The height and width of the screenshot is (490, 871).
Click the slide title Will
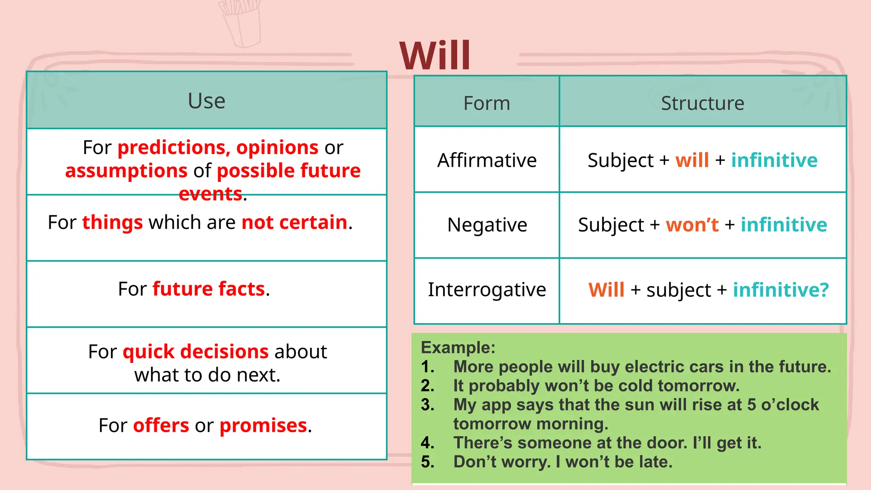point(435,56)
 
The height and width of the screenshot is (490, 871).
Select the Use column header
point(207,101)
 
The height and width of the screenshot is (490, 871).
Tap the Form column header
point(487,103)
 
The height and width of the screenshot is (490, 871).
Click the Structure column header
point(703,103)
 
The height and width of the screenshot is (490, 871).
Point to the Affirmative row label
point(487,160)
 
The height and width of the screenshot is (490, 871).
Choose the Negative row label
point(487,225)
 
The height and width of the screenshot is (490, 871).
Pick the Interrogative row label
point(487,290)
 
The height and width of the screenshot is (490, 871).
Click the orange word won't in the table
point(692,225)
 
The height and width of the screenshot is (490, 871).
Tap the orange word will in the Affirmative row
point(692,160)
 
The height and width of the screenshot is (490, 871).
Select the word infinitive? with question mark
point(781,290)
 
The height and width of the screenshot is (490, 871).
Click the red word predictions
point(174,148)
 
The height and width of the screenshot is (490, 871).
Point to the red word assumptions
point(126,171)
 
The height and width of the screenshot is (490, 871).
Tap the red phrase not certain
point(294,222)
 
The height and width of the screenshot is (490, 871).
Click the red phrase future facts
point(208,289)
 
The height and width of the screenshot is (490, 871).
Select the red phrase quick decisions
point(196,352)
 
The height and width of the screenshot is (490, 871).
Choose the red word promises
point(263,425)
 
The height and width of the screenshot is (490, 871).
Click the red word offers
point(161,425)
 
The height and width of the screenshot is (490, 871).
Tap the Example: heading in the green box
point(458,348)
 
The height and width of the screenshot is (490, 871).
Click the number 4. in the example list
point(427,443)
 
